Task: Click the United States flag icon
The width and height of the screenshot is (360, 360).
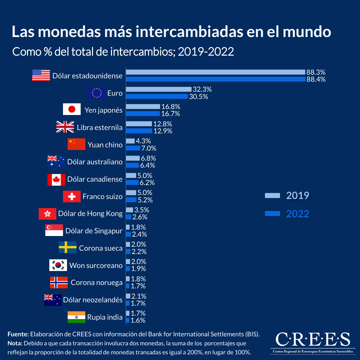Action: coord(41,75)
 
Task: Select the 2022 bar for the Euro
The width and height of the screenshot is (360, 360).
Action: coord(157,96)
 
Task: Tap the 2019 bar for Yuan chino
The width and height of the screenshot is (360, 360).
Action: coord(130,141)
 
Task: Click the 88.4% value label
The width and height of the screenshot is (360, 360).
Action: coord(316,79)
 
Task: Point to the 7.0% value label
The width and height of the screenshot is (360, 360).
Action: coord(149,148)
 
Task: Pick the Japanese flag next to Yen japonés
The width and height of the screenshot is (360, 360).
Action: coord(72,110)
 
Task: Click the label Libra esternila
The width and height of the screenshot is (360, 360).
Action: coord(99,127)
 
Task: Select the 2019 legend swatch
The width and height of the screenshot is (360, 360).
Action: coord(273,196)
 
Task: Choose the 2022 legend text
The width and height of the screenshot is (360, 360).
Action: coord(298,214)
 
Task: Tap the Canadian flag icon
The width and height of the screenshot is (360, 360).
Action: coord(56,179)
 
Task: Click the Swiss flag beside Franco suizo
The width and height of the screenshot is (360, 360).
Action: coord(72,197)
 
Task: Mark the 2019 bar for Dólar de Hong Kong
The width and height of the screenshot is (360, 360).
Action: coord(129,210)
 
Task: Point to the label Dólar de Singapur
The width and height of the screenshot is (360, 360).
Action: coord(94,231)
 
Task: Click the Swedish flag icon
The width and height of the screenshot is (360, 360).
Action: coord(68,247)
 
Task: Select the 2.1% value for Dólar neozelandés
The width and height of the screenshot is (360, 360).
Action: coord(139,296)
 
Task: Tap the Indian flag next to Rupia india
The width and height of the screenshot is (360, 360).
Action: coord(76,317)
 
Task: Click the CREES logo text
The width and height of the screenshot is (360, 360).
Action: coord(313,340)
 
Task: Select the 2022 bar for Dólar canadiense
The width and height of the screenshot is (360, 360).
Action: coord(132,183)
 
